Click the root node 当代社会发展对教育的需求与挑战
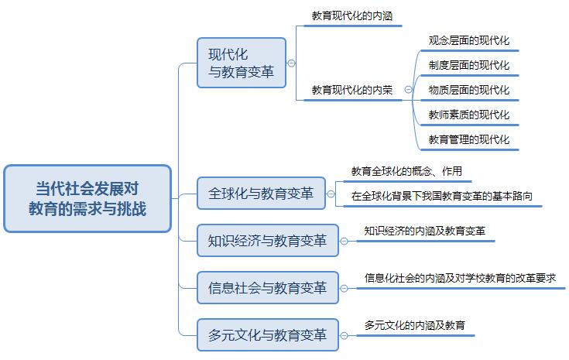tap(87, 198)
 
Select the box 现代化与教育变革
tap(241, 63)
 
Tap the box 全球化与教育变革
tap(261, 194)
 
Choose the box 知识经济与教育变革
tap(267, 240)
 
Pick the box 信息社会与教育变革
tap(267, 288)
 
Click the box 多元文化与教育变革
tap(267, 335)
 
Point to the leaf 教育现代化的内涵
tap(351, 15)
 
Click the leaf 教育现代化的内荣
tap(351, 90)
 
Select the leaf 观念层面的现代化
tap(469, 40)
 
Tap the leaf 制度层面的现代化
tap(469, 65)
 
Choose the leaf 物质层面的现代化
tap(469, 90)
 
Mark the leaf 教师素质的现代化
tap(469, 115)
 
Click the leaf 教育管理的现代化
tap(469, 139)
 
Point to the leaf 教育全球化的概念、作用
tap(406, 171)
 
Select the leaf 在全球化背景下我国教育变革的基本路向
tap(441, 196)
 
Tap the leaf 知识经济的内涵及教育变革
tap(425, 230)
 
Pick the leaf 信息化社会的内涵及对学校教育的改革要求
tap(460, 277)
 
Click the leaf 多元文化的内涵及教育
tap(414, 325)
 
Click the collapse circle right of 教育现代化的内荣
tap(408, 90)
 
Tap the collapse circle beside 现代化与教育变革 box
tap(292, 63)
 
